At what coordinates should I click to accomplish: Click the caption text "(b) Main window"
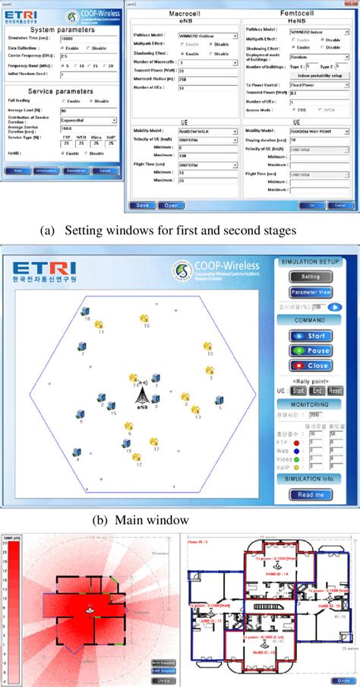141,521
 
